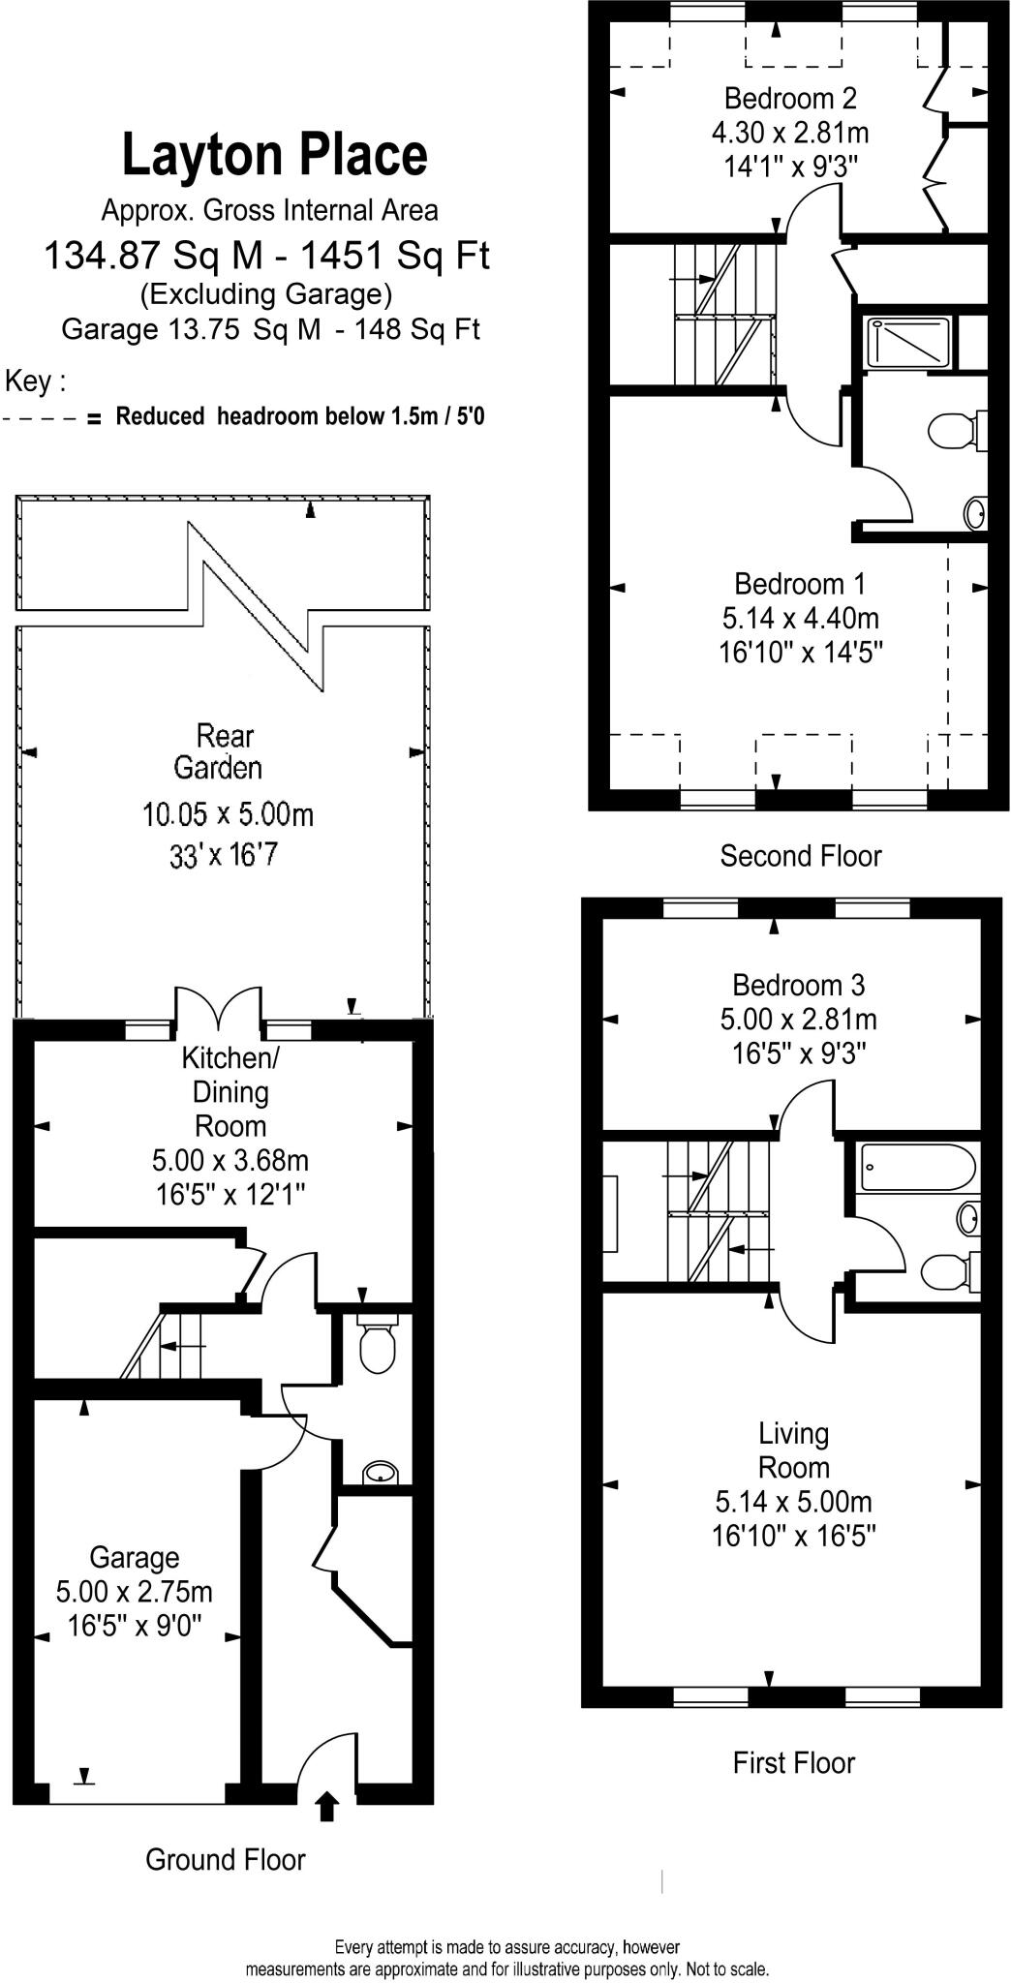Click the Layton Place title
pyautogui.click(x=274, y=156)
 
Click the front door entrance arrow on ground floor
pyautogui.click(x=327, y=1807)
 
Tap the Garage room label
pyautogui.click(x=134, y=1557)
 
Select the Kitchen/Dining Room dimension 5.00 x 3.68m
pyautogui.click(x=230, y=1160)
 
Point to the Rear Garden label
pyautogui.click(x=218, y=752)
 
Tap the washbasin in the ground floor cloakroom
pyautogui.click(x=380, y=1474)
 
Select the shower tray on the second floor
pyautogui.click(x=907, y=344)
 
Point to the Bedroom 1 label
pyautogui.click(x=800, y=584)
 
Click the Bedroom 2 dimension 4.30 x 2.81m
pyautogui.click(x=790, y=132)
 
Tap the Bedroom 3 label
pyautogui.click(x=798, y=986)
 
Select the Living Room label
pyautogui.click(x=794, y=1449)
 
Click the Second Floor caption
pyautogui.click(x=801, y=856)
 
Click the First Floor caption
pyautogui.click(x=793, y=1762)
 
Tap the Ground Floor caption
pyautogui.click(x=225, y=1859)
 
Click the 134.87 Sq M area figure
pyautogui.click(x=154, y=256)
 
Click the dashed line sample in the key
pyautogui.click(x=40, y=418)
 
